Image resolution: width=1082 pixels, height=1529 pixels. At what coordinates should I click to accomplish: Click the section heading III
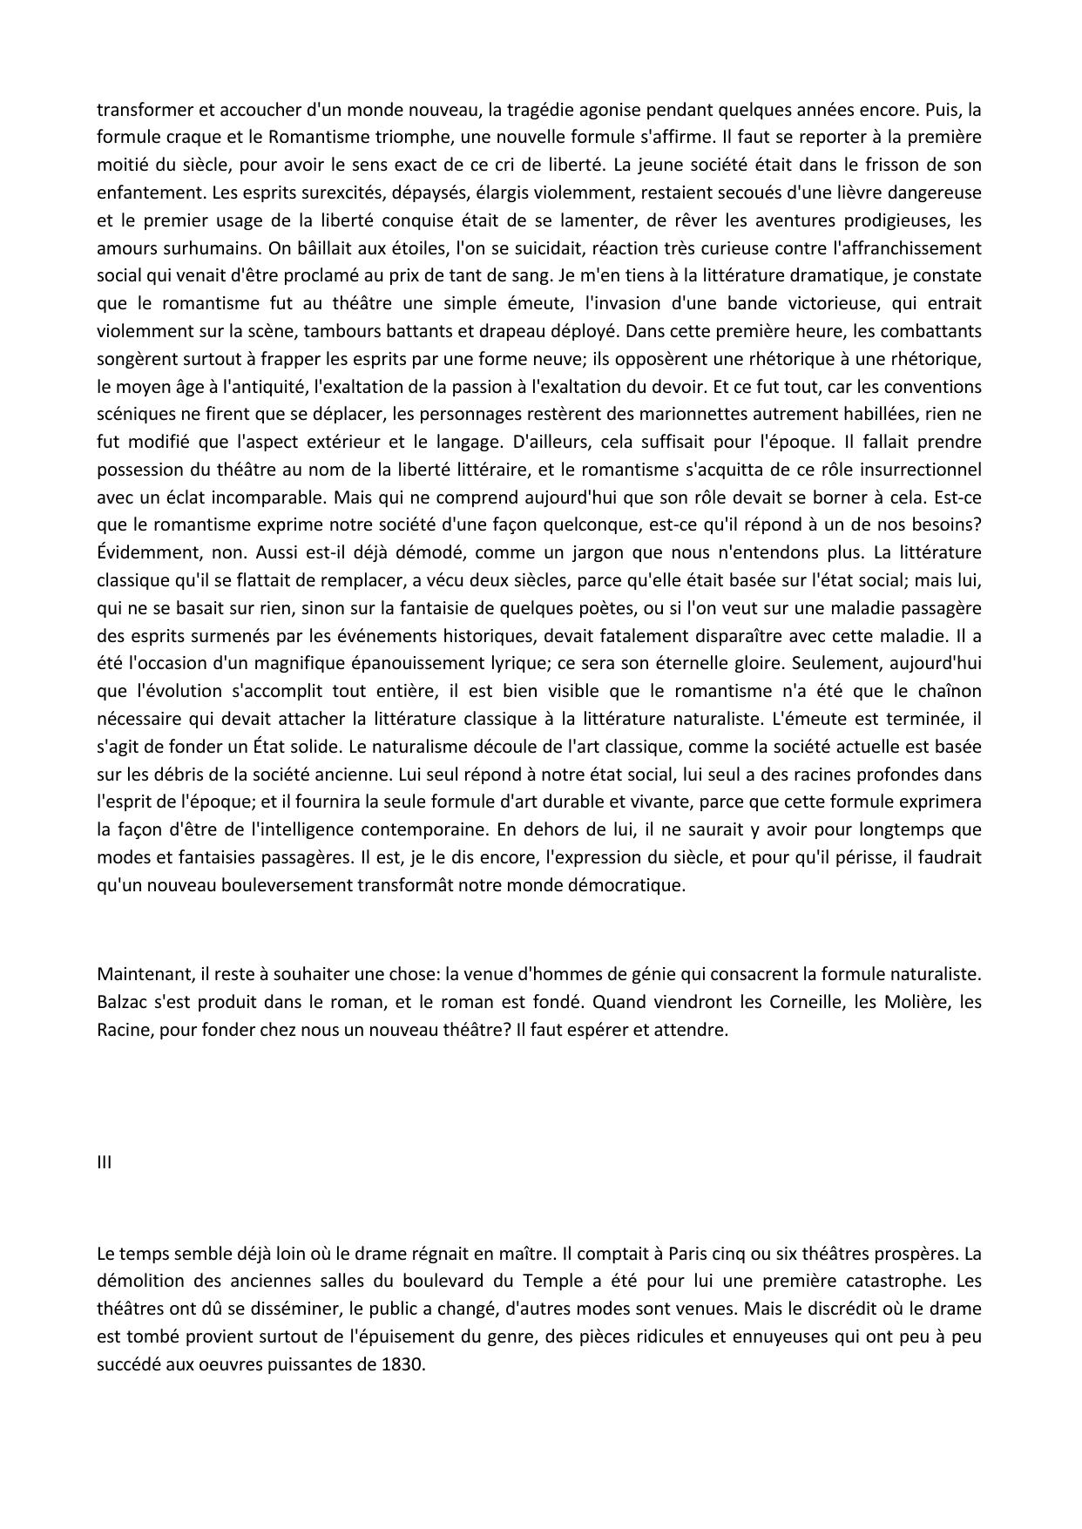click(x=104, y=1162)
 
